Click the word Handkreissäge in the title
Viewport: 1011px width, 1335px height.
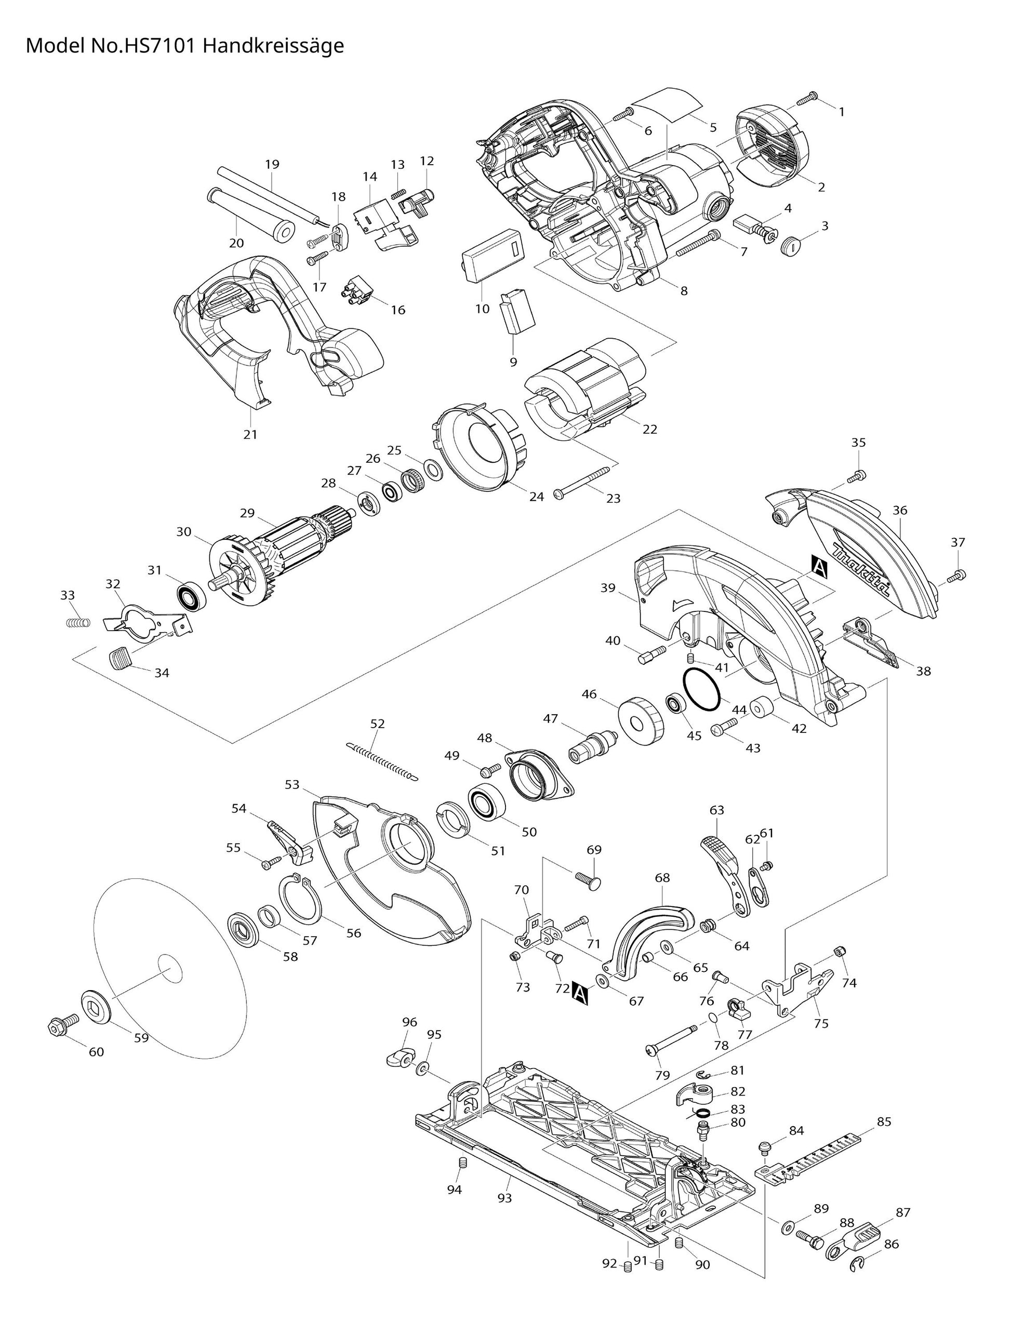[x=273, y=46]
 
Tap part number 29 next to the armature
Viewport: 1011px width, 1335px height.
[x=247, y=513]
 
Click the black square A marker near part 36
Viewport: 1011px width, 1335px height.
[x=820, y=566]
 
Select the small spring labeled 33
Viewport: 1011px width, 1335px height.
[x=77, y=622]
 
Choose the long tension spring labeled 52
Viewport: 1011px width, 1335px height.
[x=382, y=761]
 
